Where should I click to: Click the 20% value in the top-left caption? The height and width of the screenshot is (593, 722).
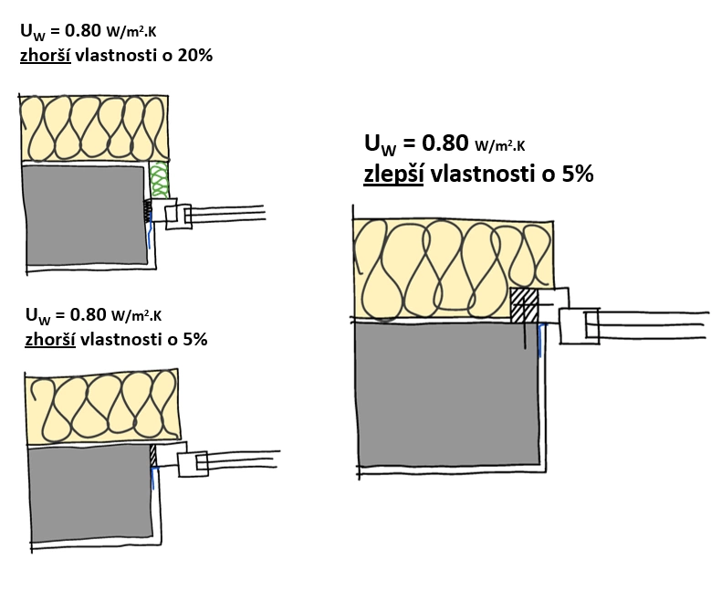pyautogui.click(x=195, y=55)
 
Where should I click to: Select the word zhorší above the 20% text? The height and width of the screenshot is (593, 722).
pyautogui.click(x=47, y=55)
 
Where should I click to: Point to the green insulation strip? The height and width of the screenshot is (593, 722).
pyautogui.click(x=159, y=179)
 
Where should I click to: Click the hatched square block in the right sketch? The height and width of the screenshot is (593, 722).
pyautogui.click(x=524, y=304)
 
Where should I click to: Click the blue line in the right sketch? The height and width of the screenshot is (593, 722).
pyautogui.click(x=541, y=341)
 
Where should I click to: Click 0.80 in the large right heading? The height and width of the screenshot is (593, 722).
pyautogui.click(x=444, y=143)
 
